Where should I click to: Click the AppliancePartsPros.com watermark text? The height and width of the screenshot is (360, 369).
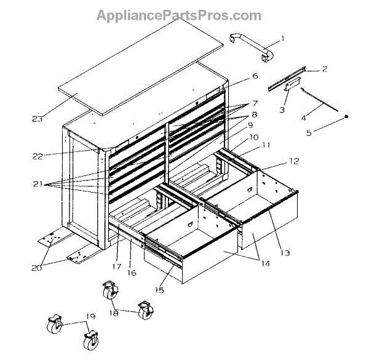[178, 15]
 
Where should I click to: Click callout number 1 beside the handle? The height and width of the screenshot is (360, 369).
[282, 39]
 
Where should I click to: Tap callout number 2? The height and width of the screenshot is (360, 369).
[324, 70]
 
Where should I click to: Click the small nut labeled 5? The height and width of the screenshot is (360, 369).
[347, 116]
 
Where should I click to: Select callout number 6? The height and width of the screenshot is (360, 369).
[254, 78]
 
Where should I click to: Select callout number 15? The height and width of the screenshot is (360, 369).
[159, 290]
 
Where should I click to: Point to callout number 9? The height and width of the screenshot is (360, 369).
[251, 125]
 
